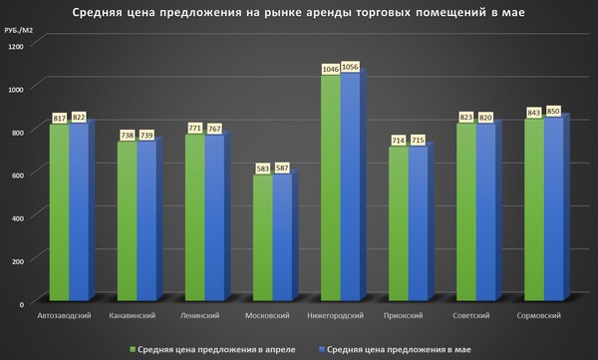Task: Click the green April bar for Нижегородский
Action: coord(330,189)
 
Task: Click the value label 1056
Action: coord(350,68)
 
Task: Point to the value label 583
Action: coord(262,169)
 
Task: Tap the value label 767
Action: coord(216,129)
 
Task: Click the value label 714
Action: coord(397,141)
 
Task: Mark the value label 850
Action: coord(553,111)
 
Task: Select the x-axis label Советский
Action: coord(473,316)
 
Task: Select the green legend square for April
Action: coord(132,349)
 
